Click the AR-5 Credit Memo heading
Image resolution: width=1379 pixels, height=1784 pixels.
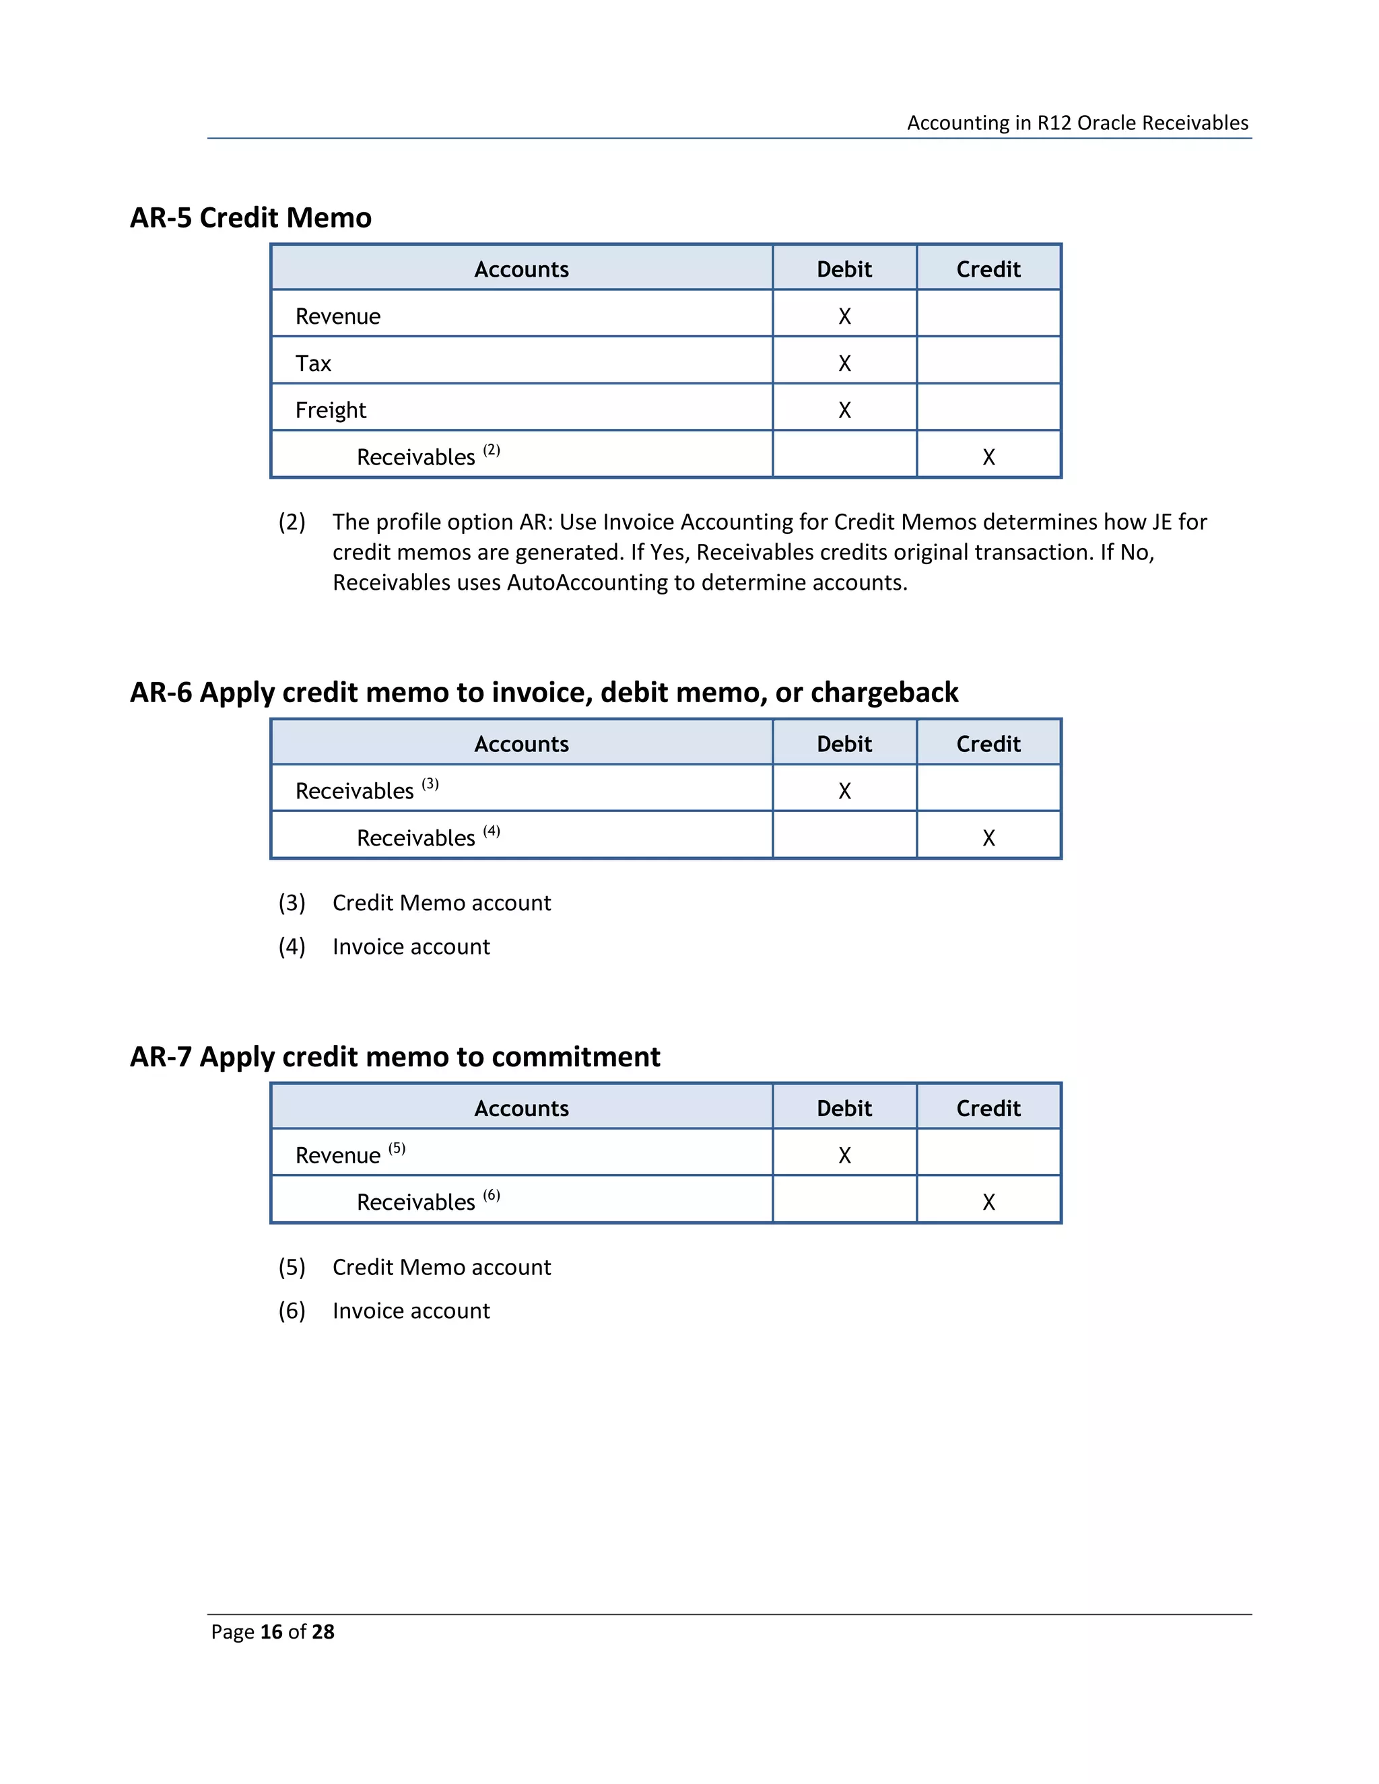pos(250,217)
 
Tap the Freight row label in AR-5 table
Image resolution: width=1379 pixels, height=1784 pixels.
pos(330,410)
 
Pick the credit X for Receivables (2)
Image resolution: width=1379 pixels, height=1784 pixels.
pos(988,457)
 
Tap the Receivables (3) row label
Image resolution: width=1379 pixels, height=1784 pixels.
pos(355,791)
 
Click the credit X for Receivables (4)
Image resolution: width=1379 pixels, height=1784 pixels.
pos(988,838)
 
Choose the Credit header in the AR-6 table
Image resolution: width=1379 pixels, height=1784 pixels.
pos(988,744)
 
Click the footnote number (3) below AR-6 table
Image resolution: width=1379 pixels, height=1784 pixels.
pos(292,903)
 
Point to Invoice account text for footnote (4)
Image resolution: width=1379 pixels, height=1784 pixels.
pos(411,947)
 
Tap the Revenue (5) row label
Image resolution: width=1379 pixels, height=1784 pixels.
pos(337,1155)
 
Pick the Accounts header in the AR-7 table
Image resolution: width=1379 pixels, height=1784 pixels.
pos(521,1109)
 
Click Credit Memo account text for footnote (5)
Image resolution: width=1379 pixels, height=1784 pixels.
pos(441,1267)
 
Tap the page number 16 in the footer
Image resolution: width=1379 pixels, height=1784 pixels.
pos(271,1631)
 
